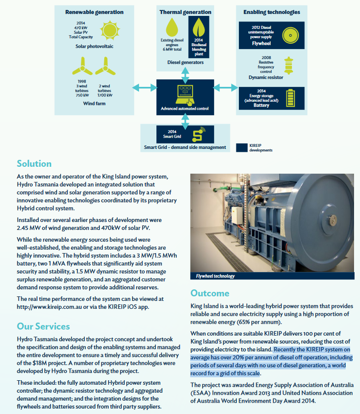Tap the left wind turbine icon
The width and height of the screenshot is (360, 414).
pyautogui.click(x=81, y=66)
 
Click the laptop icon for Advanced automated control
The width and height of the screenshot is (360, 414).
pyautogui.click(x=185, y=93)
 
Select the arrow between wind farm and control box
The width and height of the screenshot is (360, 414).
pyautogui.click(x=144, y=88)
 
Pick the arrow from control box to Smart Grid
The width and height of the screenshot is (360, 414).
pyautogui.click(x=185, y=119)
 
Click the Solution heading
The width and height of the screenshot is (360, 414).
pyautogui.click(x=34, y=163)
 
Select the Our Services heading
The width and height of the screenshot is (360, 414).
pyautogui.click(x=43, y=326)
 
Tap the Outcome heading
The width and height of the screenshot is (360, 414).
pyautogui.click(x=210, y=293)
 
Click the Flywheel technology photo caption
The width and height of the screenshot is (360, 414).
pyautogui.click(x=213, y=276)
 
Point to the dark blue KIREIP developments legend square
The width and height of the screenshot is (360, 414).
pyautogui.click(x=242, y=147)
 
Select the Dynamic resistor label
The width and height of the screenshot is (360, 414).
pyautogui.click(x=266, y=77)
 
